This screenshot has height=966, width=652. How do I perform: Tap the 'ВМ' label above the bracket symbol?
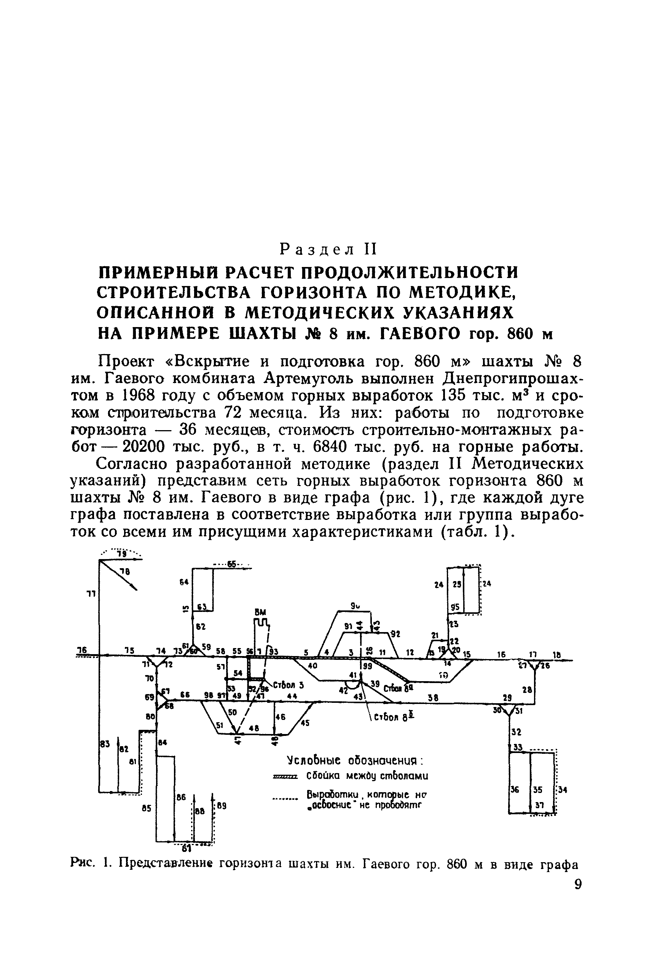[x=261, y=612]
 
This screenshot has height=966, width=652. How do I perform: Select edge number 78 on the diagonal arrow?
[x=124, y=572]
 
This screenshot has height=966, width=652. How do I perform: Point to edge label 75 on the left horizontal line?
[x=129, y=650]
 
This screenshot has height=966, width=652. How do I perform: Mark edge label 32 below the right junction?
[x=516, y=731]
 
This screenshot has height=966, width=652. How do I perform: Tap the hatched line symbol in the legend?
[x=285, y=777]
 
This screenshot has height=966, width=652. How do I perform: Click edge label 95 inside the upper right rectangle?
[x=455, y=607]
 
